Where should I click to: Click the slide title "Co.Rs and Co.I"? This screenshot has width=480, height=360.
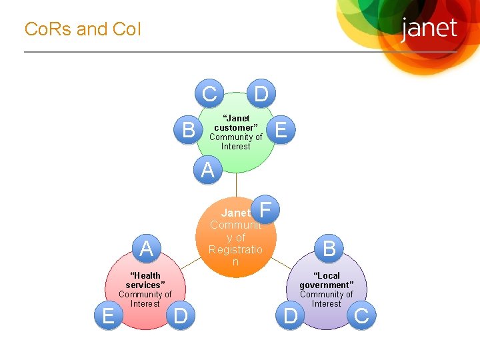click(x=83, y=29)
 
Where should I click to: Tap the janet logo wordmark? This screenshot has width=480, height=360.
click(x=429, y=29)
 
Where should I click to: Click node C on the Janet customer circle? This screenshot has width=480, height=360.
click(x=209, y=94)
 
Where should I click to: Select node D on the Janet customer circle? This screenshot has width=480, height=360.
click(x=261, y=94)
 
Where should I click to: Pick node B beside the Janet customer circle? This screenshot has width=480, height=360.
click(x=189, y=130)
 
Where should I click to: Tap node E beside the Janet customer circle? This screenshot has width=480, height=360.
click(x=281, y=130)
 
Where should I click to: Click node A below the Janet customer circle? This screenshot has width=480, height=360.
click(x=208, y=170)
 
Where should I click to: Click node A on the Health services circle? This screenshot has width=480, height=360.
click(x=147, y=249)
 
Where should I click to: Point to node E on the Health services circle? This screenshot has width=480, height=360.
click(x=108, y=315)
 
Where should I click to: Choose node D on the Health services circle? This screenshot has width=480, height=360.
click(x=180, y=315)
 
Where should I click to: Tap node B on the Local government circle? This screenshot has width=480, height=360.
click(x=329, y=249)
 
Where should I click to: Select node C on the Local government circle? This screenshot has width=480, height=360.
click(x=361, y=315)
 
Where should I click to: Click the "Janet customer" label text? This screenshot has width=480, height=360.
click(x=235, y=123)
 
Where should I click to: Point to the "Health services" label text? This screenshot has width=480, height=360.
click(x=145, y=280)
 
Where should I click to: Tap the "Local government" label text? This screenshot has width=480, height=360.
click(x=327, y=280)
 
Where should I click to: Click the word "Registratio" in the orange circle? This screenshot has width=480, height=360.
click(x=235, y=249)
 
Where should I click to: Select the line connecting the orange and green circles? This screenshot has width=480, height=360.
click(x=235, y=185)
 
